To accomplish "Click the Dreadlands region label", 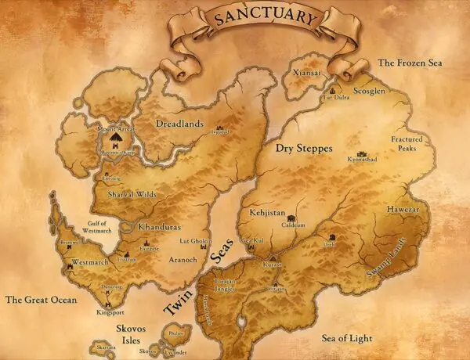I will [x=179, y=124].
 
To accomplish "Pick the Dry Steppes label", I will [x=304, y=147].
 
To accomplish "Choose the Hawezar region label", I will [x=401, y=210].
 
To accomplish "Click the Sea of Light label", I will [x=347, y=338].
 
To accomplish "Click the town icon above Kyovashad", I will [x=361, y=153].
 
